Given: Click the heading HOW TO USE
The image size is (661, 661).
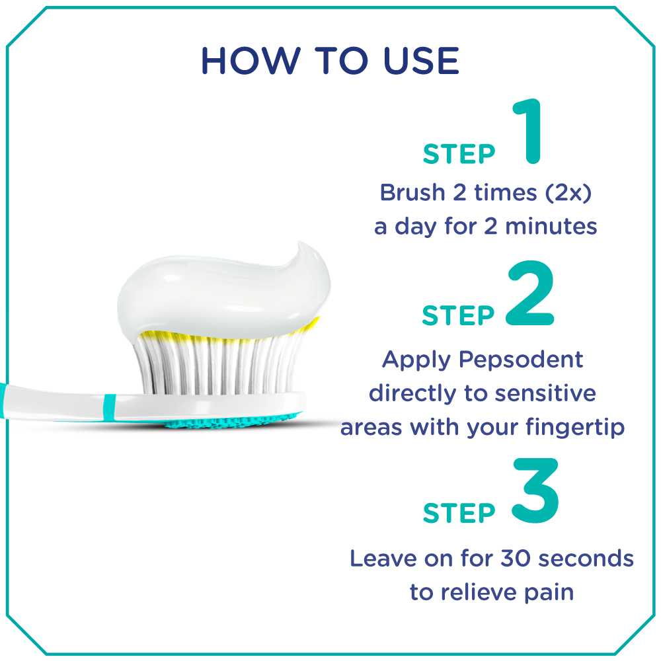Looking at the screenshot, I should click(330, 61).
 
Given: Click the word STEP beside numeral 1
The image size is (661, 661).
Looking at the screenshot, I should click(459, 154).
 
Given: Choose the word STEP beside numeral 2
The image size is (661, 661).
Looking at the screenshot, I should click(458, 316).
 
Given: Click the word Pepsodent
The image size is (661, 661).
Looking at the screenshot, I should click(521, 360).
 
